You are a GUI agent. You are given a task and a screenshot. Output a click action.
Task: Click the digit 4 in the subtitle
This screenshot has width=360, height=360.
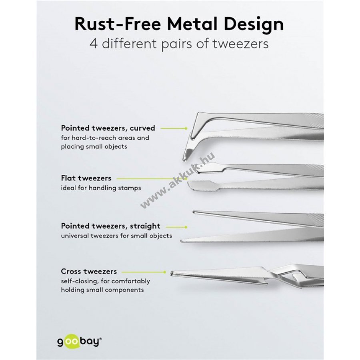pyautogui.click(x=94, y=44)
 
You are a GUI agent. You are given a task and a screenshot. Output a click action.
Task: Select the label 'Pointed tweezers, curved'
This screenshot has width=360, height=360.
pyautogui.click(x=108, y=128)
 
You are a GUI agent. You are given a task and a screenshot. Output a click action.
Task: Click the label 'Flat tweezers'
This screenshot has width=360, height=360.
pyautogui.click(x=86, y=178)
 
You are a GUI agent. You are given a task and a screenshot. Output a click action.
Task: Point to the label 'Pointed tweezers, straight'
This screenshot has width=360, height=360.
pyautogui.click(x=110, y=226)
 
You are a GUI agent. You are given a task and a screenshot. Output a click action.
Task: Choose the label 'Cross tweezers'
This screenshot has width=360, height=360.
pyautogui.click(x=89, y=271)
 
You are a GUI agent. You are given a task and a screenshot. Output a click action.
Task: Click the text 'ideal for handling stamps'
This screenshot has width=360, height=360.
pyautogui.click(x=101, y=188)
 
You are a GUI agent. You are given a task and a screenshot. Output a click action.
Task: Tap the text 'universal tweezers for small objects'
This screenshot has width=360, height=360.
pyautogui.click(x=116, y=236)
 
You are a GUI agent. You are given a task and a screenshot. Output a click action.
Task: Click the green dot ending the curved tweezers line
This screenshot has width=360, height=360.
pyautogui.click(x=186, y=128)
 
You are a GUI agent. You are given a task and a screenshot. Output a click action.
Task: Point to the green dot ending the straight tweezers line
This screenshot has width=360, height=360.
pyautogui.click(x=186, y=226)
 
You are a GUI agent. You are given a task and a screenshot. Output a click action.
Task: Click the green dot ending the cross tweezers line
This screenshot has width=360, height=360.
pyautogui.click(x=164, y=272)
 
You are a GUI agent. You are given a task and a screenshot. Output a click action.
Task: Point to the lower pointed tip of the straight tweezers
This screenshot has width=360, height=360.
pyautogui.click(x=183, y=241)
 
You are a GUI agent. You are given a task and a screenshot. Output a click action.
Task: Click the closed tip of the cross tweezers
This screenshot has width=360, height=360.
pyautogui.click(x=172, y=274)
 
